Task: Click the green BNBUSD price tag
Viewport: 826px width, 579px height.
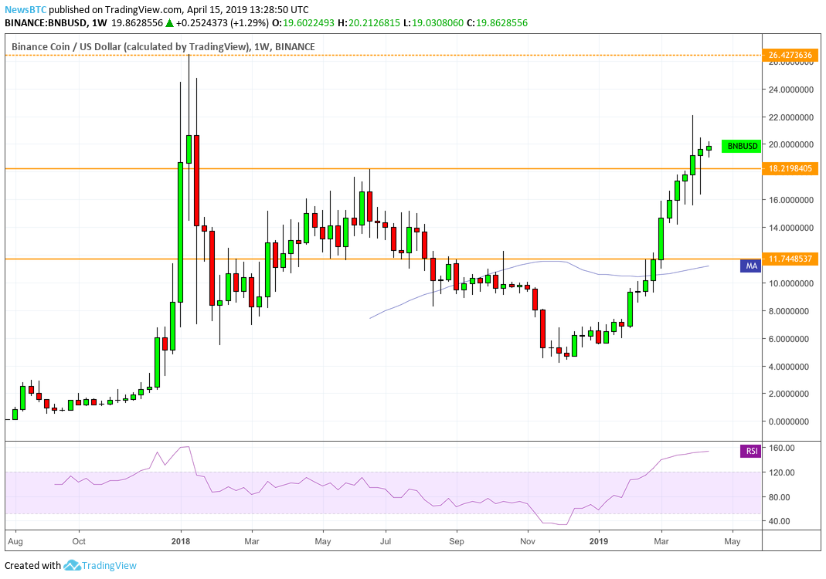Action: pyautogui.click(x=742, y=146)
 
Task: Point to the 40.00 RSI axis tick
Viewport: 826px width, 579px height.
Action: pyautogui.click(x=781, y=521)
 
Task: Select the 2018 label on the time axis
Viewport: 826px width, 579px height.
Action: pyautogui.click(x=180, y=542)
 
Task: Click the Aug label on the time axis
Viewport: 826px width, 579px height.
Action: pyautogui.click(x=15, y=542)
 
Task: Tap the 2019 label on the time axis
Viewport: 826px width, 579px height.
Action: pyautogui.click(x=599, y=542)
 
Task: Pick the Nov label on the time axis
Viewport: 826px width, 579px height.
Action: pyautogui.click(x=528, y=542)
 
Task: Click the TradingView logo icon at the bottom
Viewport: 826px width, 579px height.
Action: pyautogui.click(x=72, y=566)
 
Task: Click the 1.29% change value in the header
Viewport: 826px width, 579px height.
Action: pyautogui.click(x=238, y=23)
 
